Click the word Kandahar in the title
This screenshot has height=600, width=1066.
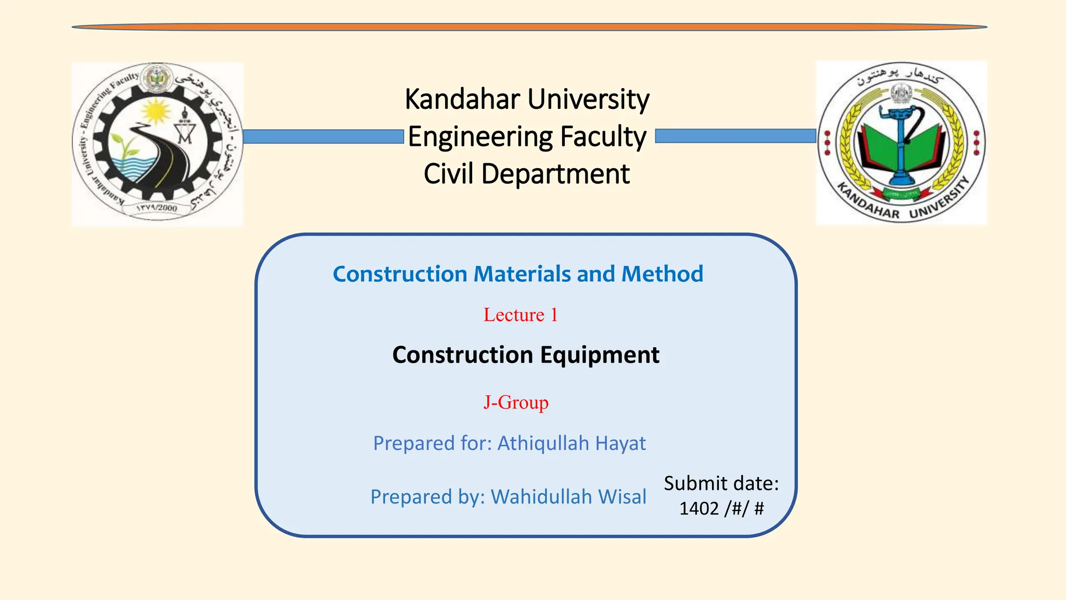pyautogui.click(x=462, y=99)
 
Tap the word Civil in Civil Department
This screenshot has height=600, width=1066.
pyautogui.click(x=449, y=174)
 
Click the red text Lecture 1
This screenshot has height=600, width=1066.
pyautogui.click(x=520, y=315)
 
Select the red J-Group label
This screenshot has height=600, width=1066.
pyautogui.click(x=515, y=403)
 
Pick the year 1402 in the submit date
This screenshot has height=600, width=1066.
pyautogui.click(x=699, y=508)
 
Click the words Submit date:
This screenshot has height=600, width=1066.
pyautogui.click(x=721, y=483)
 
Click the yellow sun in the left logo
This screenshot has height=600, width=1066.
pyautogui.click(x=155, y=111)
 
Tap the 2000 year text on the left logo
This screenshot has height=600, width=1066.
pyautogui.click(x=167, y=208)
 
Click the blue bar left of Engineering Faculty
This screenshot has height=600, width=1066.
pyautogui.click(x=323, y=137)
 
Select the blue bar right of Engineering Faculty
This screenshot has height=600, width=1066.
pyautogui.click(x=735, y=136)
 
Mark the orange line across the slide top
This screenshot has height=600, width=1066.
pyautogui.click(x=529, y=27)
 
